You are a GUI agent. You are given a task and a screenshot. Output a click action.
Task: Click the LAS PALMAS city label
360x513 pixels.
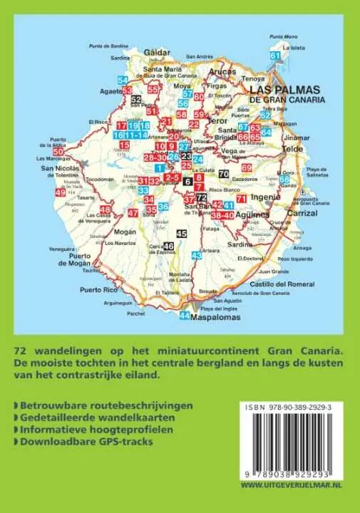[x=282, y=91]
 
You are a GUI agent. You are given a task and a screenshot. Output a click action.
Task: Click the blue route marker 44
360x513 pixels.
[x=185, y=316]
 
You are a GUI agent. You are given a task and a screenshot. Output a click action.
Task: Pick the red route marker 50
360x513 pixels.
[x=58, y=151]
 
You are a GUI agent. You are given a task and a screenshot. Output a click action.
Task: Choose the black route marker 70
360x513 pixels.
[x=223, y=174]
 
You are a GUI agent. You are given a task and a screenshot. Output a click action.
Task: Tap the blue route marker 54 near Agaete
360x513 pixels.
[x=123, y=80]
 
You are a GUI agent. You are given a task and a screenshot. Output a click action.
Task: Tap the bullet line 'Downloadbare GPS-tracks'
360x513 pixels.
[x=85, y=441]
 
